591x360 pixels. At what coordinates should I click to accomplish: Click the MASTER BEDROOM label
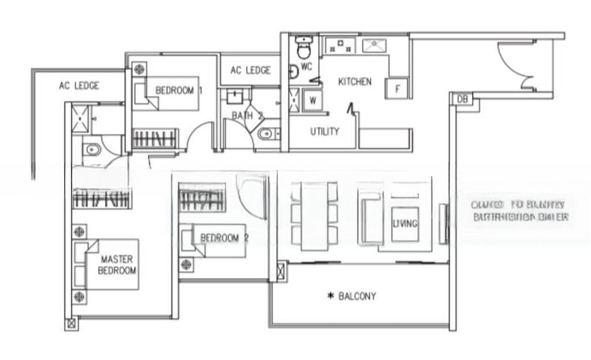(x=117, y=265)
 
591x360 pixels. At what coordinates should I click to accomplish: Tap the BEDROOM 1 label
(x=179, y=91)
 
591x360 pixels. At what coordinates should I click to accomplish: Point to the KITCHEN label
(x=355, y=82)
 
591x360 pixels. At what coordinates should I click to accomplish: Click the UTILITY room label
(x=324, y=132)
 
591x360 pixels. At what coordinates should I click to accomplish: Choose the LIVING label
(x=404, y=223)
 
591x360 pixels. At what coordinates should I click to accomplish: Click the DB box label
(x=462, y=99)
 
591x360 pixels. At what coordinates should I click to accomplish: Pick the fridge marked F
(x=398, y=89)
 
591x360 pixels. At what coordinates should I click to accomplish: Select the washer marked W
(x=313, y=100)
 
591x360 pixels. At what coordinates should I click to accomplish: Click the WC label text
(x=307, y=67)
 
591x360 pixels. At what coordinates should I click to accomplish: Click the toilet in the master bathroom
(x=92, y=151)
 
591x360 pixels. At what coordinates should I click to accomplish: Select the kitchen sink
(x=375, y=45)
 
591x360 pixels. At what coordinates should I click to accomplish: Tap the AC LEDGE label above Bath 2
(x=250, y=71)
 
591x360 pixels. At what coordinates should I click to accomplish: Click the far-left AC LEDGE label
(x=79, y=85)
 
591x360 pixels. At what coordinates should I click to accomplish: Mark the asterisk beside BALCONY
(x=330, y=296)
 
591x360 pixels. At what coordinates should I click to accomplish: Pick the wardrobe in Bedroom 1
(x=155, y=137)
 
